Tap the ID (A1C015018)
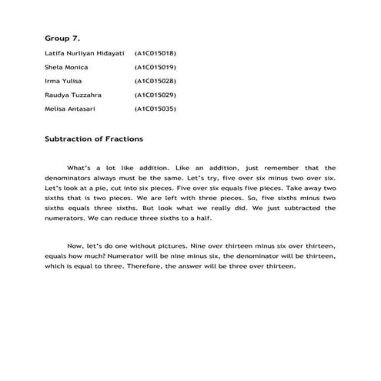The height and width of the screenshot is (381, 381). [155, 54]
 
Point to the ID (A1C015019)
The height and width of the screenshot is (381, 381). [155, 67]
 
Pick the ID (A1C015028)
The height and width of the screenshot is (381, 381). [155, 81]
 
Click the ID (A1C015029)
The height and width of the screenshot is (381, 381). [155, 95]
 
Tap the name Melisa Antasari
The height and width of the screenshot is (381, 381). [72, 109]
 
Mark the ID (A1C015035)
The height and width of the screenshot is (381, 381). [155, 109]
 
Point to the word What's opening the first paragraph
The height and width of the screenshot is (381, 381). [81, 168]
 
